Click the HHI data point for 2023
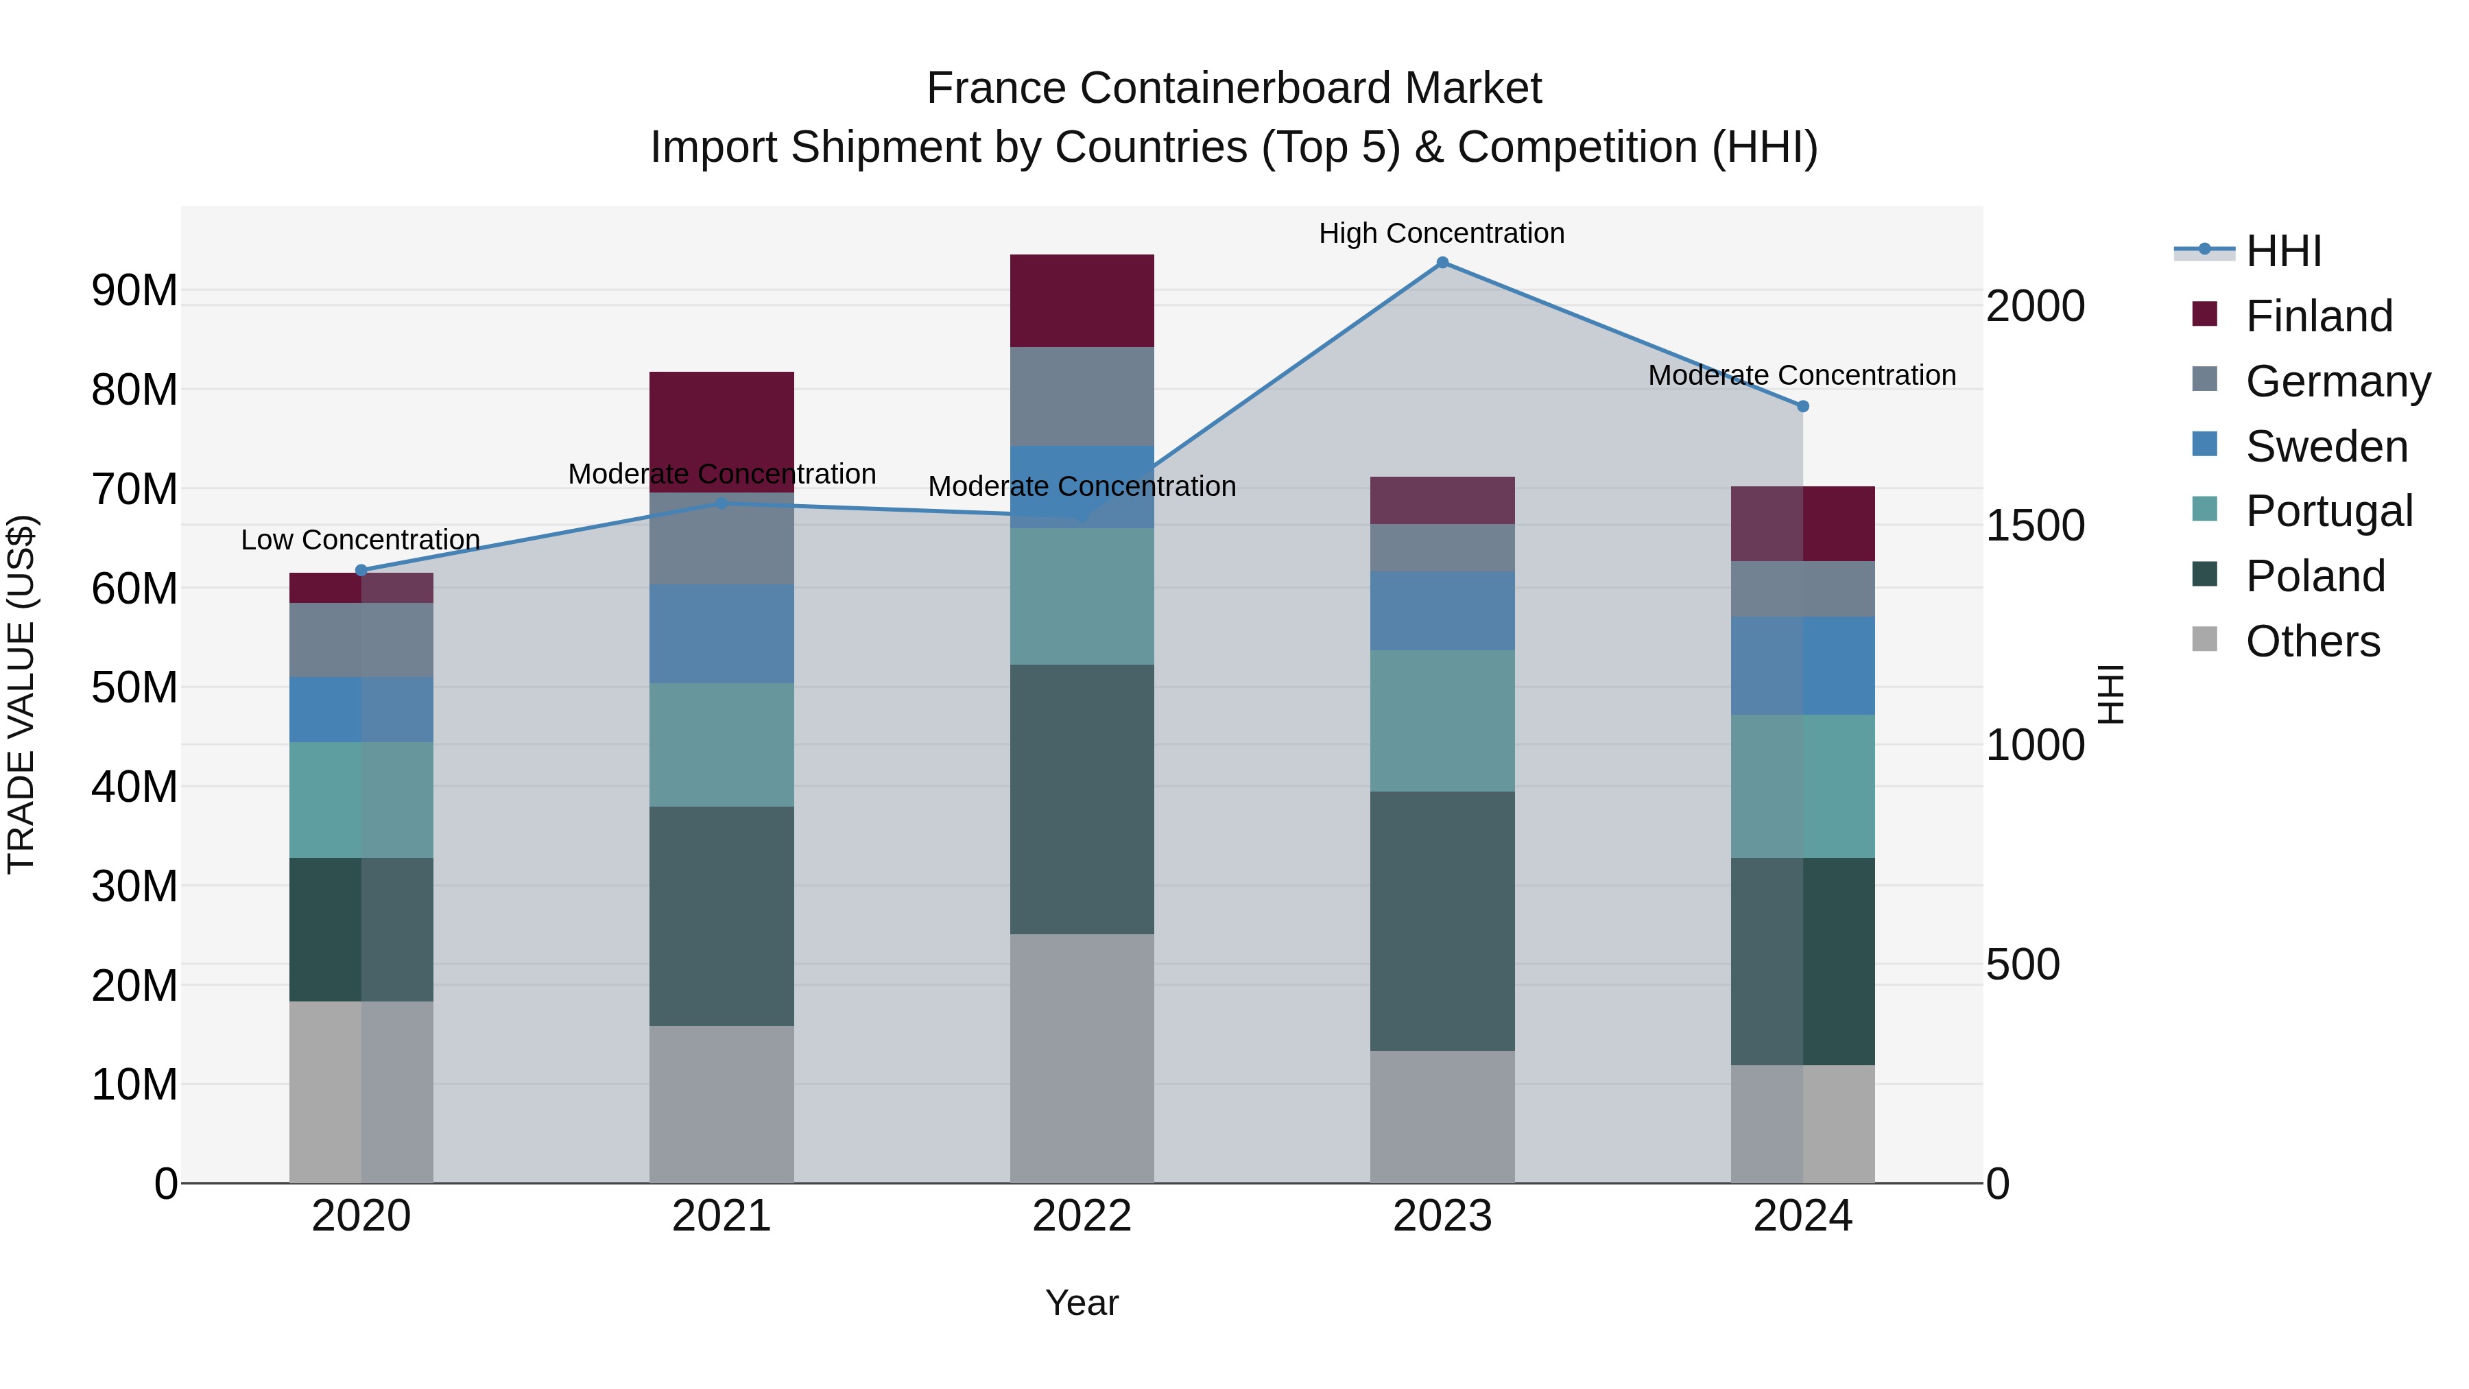click(x=1442, y=263)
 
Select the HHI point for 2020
click(x=361, y=571)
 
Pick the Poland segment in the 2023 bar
click(x=1442, y=921)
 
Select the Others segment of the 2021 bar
click(x=721, y=1104)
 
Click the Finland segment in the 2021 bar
click(x=721, y=431)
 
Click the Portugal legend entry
click(x=2328, y=511)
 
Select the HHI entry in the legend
click(x=2283, y=251)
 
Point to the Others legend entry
click(x=2312, y=641)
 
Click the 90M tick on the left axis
click(x=134, y=290)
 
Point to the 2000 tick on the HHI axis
click(x=2035, y=307)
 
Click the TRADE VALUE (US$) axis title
click(x=21, y=694)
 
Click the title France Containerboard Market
click(x=1234, y=88)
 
